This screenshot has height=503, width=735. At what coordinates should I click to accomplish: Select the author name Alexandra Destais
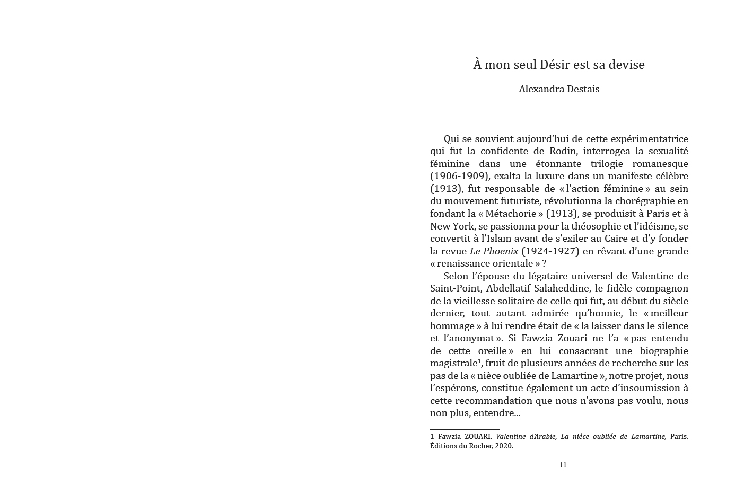[x=559, y=89]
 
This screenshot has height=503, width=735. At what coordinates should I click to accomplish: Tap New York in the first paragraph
[x=452, y=226]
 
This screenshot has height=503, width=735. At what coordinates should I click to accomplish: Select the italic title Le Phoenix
[x=494, y=251]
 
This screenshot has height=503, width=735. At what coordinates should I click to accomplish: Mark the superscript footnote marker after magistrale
[x=479, y=361]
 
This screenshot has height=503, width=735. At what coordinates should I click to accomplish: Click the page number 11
[x=563, y=465]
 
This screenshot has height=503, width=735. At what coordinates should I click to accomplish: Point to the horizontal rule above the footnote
[x=465, y=429]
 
